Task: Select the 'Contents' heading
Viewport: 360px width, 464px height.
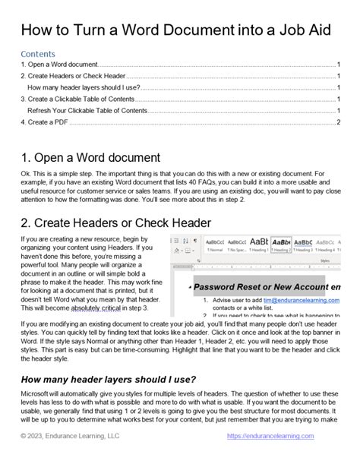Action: click(37, 55)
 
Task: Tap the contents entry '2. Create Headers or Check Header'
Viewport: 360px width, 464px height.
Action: click(71, 77)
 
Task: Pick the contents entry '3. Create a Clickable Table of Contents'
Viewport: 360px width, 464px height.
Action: click(79, 99)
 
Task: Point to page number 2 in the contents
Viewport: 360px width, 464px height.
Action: click(338, 122)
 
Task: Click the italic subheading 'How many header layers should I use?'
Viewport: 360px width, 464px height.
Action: click(111, 380)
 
